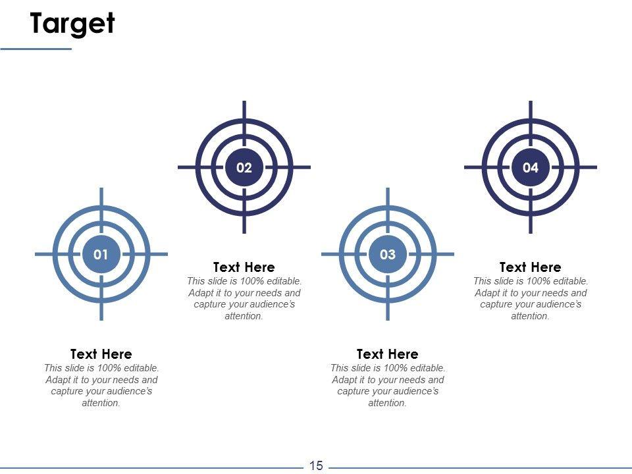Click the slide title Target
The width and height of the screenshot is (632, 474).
(72, 24)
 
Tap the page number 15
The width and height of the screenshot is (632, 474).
(316, 465)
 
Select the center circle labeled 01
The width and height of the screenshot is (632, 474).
(101, 254)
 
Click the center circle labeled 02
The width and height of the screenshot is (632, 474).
(244, 167)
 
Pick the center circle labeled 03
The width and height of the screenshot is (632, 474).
(388, 254)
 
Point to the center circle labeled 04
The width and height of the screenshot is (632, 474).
(531, 167)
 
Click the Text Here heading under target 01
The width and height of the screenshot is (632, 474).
(101, 354)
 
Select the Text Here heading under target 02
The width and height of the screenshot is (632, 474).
(244, 267)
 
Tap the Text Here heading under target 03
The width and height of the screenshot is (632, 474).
(388, 354)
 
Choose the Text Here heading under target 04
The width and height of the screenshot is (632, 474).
(531, 267)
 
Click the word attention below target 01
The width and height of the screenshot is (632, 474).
(101, 403)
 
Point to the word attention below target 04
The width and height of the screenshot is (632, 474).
(531, 316)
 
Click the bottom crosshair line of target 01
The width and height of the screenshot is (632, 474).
(101, 298)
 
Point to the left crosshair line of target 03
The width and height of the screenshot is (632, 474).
(344, 254)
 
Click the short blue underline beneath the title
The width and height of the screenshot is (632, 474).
(36, 49)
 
